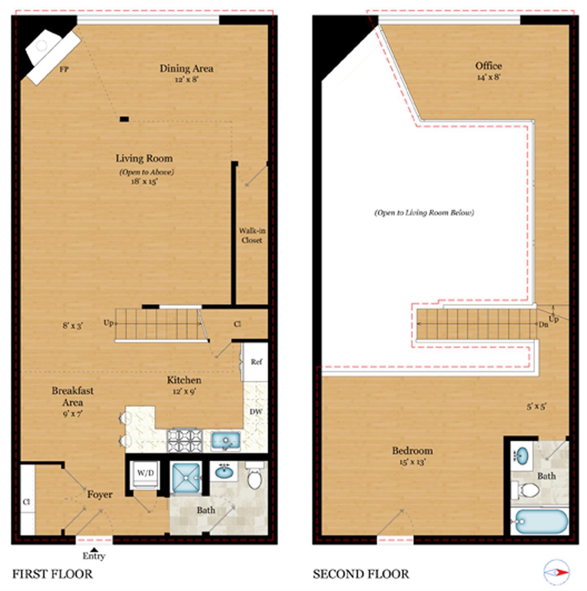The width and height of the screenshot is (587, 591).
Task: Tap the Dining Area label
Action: pyautogui.click(x=186, y=69)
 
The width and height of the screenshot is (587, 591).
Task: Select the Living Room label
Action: pyautogui.click(x=144, y=158)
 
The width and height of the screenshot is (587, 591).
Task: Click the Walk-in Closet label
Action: pyautogui.click(x=252, y=235)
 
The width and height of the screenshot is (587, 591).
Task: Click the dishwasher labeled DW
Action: pyautogui.click(x=256, y=412)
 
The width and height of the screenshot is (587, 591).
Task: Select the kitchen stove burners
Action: pyautogui.click(x=185, y=440)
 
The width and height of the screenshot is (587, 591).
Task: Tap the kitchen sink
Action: pyautogui.click(x=225, y=440)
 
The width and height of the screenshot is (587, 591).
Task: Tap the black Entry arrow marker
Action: pyautogui.click(x=94, y=550)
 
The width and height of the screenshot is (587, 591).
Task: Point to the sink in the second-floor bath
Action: pyautogui.click(x=522, y=456)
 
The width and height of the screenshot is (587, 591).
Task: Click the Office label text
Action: pyautogui.click(x=488, y=66)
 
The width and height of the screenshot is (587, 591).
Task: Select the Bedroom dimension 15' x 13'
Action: pyautogui.click(x=412, y=462)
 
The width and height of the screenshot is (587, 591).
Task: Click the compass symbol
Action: pyautogui.click(x=557, y=572)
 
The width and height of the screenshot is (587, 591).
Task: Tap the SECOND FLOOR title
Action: pyautogui.click(x=361, y=574)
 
